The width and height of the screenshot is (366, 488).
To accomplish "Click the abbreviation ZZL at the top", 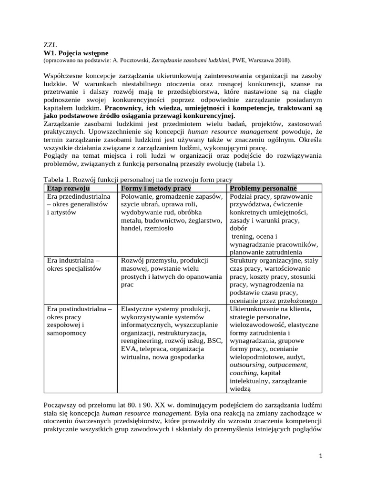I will pos(50,45).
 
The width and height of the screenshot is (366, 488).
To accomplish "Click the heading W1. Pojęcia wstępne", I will pos(76,52).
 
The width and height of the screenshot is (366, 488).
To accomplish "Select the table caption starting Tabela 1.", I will pos(138,179).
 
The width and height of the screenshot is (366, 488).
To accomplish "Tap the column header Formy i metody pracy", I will pos(156,188).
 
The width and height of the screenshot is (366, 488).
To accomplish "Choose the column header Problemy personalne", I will pos(263,188).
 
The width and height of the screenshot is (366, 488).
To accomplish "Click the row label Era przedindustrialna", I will pos(78,196).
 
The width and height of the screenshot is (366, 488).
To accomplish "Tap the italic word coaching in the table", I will pos(243,373).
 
